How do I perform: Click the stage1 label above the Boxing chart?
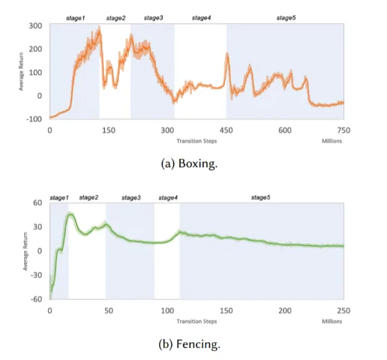(x=76, y=18)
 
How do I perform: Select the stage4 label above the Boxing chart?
(x=201, y=18)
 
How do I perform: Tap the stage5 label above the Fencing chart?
(x=260, y=197)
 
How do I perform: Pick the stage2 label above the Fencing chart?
(x=88, y=197)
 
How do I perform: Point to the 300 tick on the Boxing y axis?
(x=35, y=25)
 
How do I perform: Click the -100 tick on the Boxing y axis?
(x=34, y=119)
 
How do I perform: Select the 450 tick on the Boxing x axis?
(x=226, y=130)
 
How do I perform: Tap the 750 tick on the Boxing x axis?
(x=343, y=130)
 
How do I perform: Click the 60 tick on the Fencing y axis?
(x=37, y=202)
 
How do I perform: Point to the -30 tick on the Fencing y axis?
(x=36, y=275)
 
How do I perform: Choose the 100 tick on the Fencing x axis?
(x=167, y=310)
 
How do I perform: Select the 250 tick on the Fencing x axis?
(x=343, y=310)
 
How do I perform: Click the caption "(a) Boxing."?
(x=189, y=163)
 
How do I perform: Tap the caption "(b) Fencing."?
(x=189, y=344)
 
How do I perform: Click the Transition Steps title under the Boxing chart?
(x=196, y=141)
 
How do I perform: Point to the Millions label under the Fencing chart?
(x=331, y=321)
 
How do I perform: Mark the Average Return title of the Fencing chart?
(x=25, y=251)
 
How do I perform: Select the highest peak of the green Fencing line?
(x=70, y=214)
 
